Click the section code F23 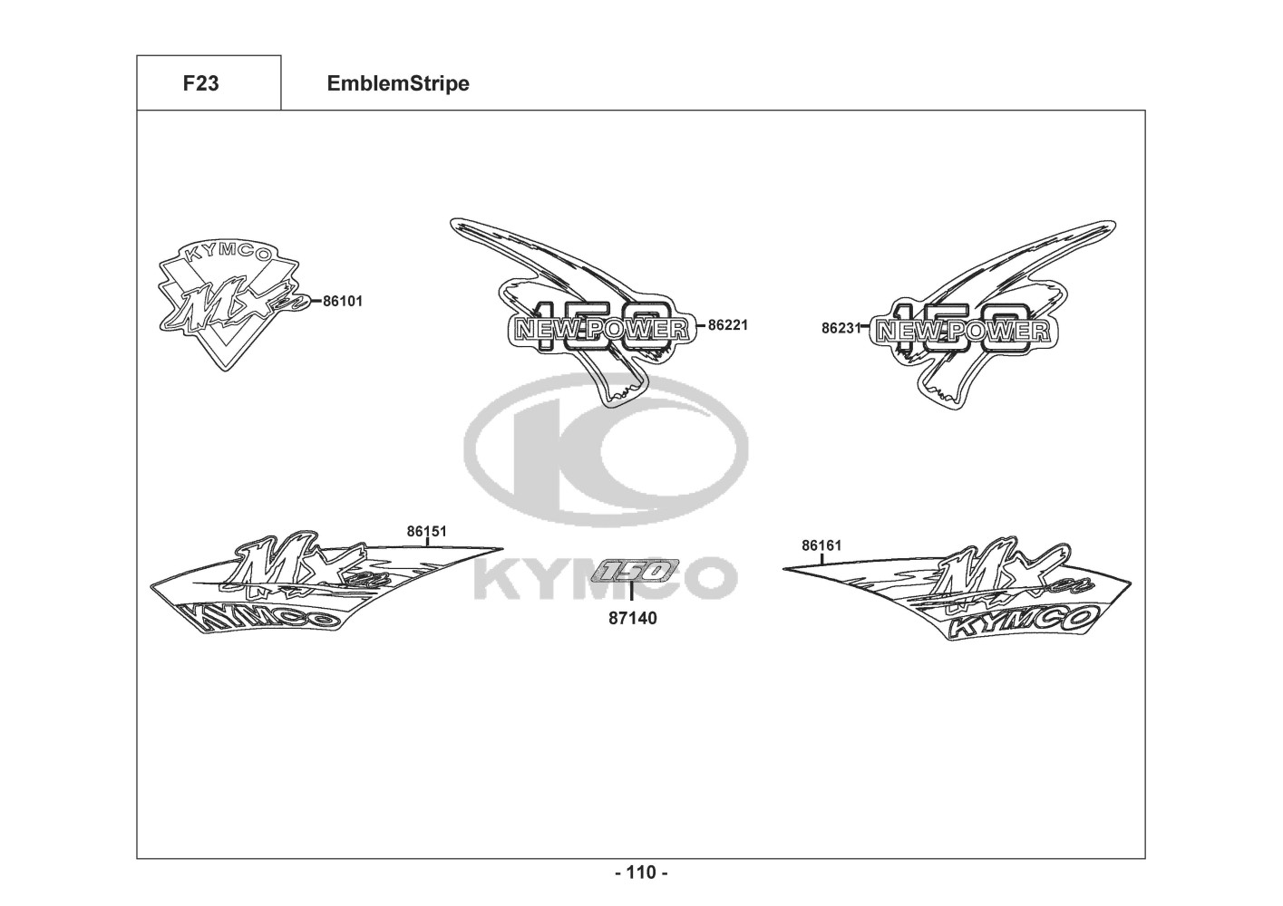(200, 83)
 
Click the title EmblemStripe (398, 83)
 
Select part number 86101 (343, 302)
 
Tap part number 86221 (728, 324)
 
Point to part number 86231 (840, 328)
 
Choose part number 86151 (426, 532)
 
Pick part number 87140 (633, 619)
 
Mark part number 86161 (821, 545)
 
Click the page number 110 (641, 872)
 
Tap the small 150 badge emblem (632, 571)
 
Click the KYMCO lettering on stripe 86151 (263, 620)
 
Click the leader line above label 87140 (632, 595)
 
